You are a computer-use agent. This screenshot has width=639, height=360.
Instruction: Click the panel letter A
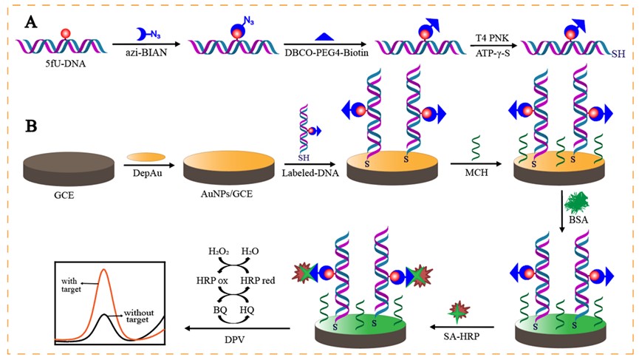coord(30,21)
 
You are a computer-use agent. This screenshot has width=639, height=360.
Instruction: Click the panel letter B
coord(32,126)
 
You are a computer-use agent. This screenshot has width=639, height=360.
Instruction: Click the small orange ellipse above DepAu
coord(146,157)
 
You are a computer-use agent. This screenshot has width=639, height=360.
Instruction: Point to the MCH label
coord(474,172)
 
